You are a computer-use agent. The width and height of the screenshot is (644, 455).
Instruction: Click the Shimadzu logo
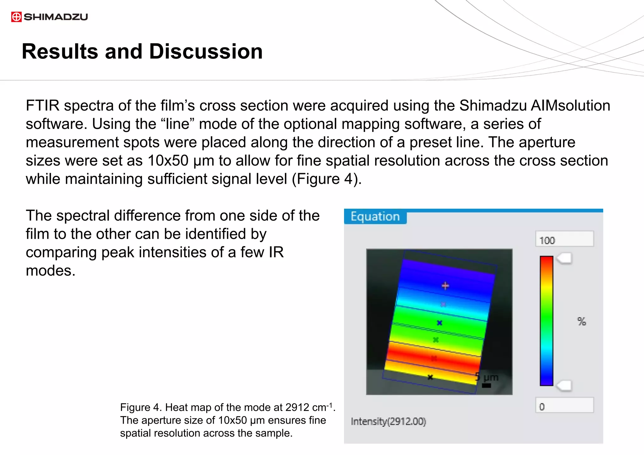click(x=49, y=17)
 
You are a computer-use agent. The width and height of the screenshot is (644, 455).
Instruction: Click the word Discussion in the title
click(x=206, y=52)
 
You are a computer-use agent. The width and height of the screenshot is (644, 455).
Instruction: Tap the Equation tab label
click(x=375, y=217)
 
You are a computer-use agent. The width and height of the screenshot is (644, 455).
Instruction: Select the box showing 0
click(x=564, y=406)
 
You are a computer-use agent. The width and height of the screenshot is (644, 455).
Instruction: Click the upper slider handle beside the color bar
click(x=564, y=259)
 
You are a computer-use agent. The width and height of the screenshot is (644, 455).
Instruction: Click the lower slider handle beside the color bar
click(x=564, y=386)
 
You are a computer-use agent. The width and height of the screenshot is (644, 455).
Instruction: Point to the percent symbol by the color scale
click(x=581, y=321)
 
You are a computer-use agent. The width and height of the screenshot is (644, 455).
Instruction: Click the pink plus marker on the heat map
click(x=445, y=286)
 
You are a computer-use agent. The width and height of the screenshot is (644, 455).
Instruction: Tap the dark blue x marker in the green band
click(x=440, y=323)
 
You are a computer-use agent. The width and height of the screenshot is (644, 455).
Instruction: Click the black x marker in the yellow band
click(x=430, y=377)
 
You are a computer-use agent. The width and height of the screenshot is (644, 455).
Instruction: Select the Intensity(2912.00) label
click(x=388, y=421)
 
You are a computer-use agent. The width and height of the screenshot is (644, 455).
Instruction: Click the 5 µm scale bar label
click(x=487, y=377)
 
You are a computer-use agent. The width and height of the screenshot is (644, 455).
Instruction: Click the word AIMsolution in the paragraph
click(x=570, y=106)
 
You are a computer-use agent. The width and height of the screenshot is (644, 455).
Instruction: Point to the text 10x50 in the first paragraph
click(x=168, y=161)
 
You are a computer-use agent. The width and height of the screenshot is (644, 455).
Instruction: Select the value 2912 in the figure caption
click(x=297, y=408)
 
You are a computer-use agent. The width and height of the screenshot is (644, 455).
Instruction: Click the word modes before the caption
click(x=50, y=271)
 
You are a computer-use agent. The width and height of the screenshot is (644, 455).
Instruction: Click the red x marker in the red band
click(x=434, y=358)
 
